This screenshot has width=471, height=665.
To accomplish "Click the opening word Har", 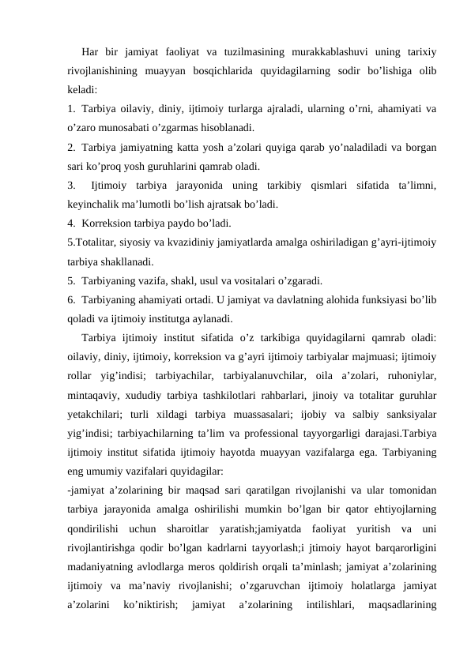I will click(91, 53).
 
